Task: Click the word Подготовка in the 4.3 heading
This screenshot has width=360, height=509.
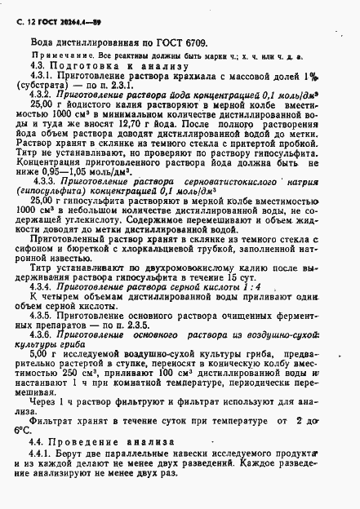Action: (x=82, y=64)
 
